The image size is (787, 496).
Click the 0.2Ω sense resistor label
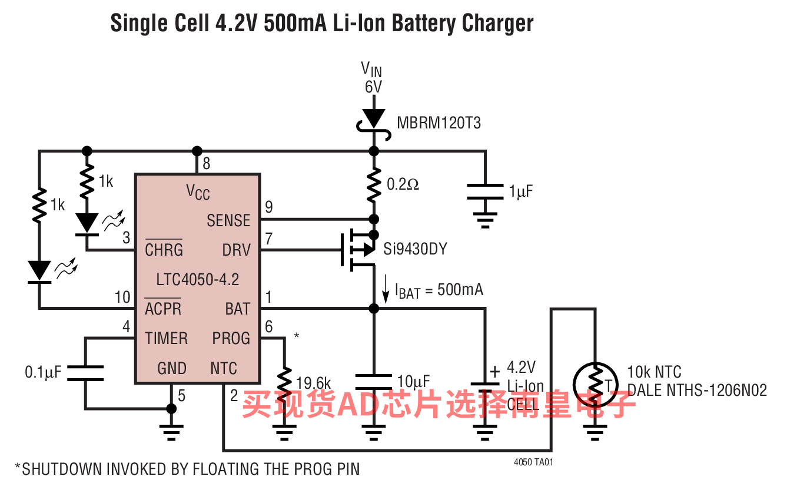pos(403,184)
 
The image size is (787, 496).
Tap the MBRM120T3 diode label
pos(439,123)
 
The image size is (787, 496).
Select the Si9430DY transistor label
pos(415,249)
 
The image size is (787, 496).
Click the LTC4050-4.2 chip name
pos(198,279)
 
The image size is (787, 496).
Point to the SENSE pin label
pos(228,220)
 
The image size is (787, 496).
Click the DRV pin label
pos(237,250)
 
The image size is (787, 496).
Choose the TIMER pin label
pos(167,338)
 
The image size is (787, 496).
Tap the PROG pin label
pos(231,338)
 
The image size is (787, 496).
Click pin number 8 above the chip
pos(206,163)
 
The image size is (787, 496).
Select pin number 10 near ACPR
pos(122,297)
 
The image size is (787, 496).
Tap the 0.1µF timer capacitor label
pos(43,372)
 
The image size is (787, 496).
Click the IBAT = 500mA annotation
pos(439,290)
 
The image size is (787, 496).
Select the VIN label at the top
pos(371,70)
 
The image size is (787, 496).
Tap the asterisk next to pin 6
pos(296,336)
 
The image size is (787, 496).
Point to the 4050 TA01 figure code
pos(533,462)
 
